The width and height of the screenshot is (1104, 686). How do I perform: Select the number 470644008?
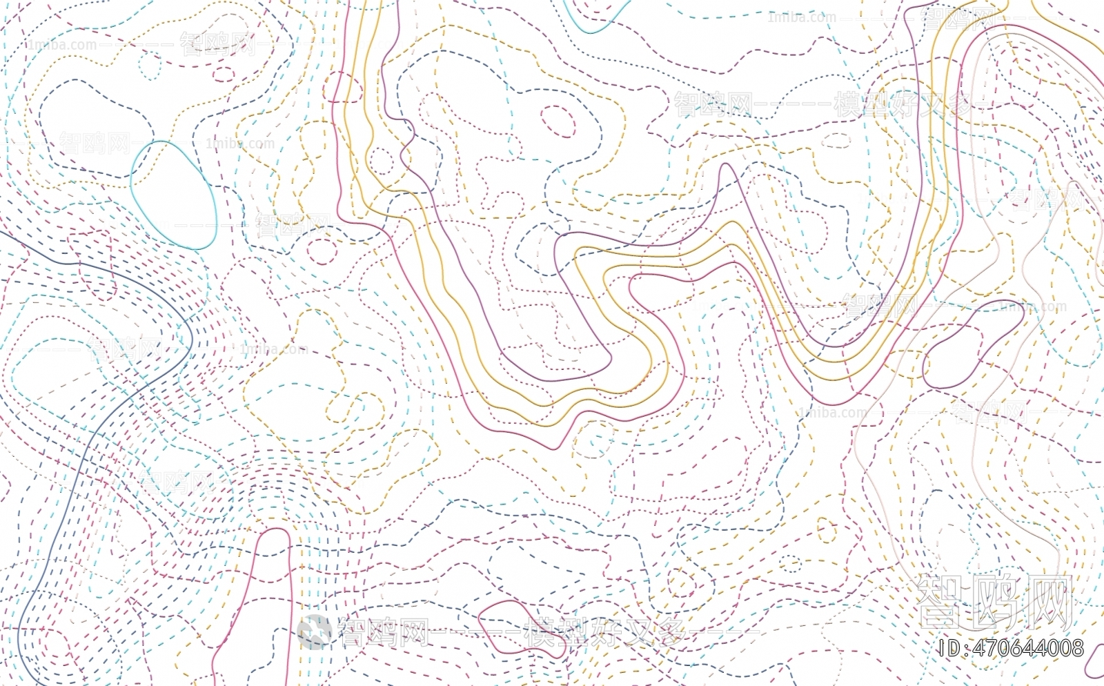(x=1028, y=648)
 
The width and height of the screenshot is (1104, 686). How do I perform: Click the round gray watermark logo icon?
(x=315, y=631)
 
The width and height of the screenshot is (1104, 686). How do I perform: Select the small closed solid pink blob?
(x=504, y=625)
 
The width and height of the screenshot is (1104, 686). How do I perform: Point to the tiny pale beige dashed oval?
(x=836, y=140)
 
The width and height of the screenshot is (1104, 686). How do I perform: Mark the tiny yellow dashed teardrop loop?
(x=826, y=530)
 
